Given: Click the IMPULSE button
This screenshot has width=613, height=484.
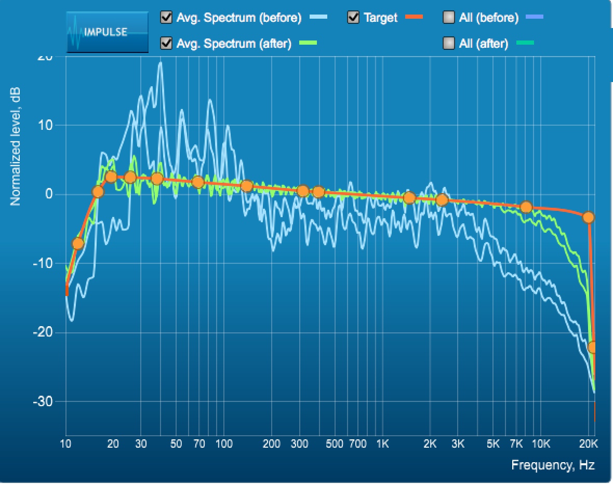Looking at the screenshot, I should tap(108, 32).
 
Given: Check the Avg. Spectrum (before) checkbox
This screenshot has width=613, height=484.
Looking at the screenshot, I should tap(167, 18).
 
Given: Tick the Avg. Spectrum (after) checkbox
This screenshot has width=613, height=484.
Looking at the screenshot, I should tap(167, 43).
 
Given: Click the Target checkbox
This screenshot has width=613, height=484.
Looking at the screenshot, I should tap(354, 18).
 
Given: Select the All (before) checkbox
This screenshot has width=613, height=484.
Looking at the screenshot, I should tap(449, 18).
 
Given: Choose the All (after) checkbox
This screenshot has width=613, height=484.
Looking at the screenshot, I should tap(449, 43).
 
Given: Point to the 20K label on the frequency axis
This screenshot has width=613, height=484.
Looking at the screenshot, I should tap(588, 444).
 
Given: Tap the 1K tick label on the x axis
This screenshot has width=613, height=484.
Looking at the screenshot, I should tap(382, 444).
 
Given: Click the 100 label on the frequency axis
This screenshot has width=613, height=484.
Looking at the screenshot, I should tap(223, 444).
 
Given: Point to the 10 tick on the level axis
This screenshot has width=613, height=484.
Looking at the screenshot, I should tap(47, 125).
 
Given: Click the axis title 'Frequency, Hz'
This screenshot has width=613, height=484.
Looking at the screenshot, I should tap(553, 465).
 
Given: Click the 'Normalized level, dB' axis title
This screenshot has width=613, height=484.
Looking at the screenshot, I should tap(16, 145).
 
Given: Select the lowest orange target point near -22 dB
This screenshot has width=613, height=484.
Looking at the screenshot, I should tap(593, 347).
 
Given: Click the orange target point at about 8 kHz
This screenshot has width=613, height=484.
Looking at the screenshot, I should tap(526, 207).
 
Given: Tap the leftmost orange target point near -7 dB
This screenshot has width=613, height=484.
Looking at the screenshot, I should tap(78, 244).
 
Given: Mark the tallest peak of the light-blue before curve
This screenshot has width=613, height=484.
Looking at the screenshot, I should tap(161, 63).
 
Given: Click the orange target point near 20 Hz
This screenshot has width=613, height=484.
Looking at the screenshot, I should tap(111, 177).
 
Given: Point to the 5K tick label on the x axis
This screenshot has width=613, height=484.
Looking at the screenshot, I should tap(493, 444).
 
